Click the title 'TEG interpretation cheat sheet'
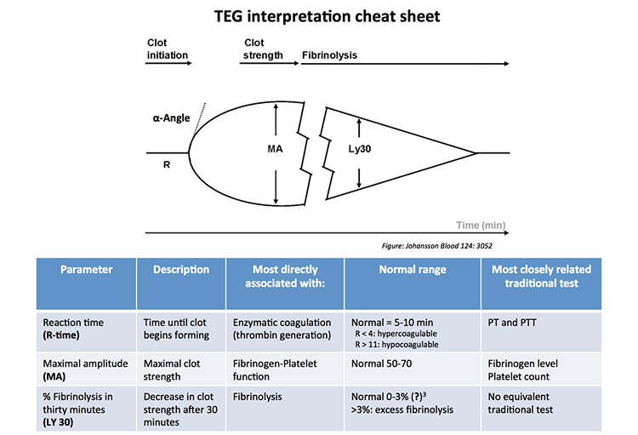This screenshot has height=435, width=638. (x=319, y=17)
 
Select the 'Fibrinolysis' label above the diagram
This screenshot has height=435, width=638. (x=329, y=54)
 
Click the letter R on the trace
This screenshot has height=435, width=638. (x=167, y=164)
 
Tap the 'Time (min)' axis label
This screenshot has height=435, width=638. (x=481, y=226)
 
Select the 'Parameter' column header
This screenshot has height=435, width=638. (x=87, y=270)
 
